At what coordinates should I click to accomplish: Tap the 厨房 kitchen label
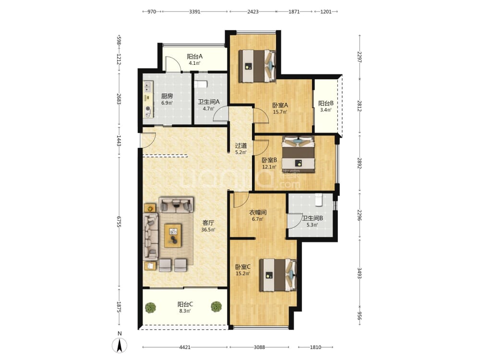coord(167,96)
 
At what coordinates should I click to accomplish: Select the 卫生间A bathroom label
coord(208,102)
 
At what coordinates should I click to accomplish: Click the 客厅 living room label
coord(208,223)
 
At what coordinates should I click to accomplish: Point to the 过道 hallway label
coord(240,146)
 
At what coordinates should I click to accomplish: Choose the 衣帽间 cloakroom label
coord(257,213)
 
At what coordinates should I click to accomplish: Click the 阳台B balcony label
coord(326,104)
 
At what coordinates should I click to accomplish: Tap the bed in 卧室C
coord(278,275)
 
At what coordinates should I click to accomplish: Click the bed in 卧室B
coord(299,154)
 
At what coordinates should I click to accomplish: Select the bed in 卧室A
coord(257,66)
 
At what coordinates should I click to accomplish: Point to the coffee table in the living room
coord(173,235)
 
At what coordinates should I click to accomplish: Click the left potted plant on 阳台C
coord(150,307)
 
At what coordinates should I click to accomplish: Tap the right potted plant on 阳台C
coord(216,307)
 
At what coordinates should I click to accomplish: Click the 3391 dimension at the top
coord(195,12)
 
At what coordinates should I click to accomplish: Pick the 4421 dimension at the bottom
coord(185,347)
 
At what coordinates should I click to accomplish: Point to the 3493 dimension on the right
coord(360,273)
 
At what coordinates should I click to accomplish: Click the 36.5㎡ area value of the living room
coord(208,229)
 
